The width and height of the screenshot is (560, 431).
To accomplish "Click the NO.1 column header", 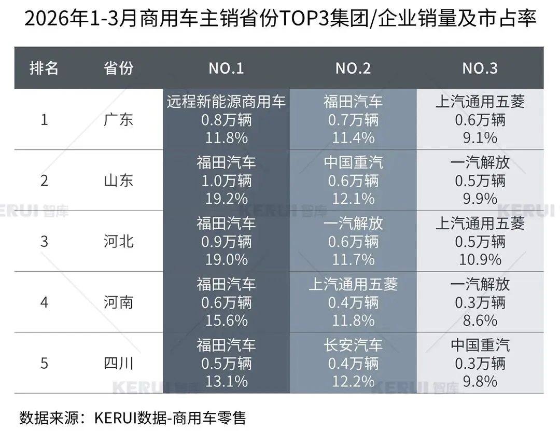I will (x=226, y=68).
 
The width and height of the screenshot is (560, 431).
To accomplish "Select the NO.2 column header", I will (x=353, y=68).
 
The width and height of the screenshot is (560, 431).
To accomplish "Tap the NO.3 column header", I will (x=480, y=68).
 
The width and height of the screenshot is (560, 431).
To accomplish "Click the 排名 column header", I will (x=44, y=68).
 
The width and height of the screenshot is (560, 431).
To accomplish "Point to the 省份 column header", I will (x=119, y=68).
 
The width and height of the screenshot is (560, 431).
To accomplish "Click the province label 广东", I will (x=119, y=120).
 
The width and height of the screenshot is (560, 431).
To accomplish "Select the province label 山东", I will (x=119, y=180).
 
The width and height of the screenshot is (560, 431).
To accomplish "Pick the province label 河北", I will (x=119, y=241).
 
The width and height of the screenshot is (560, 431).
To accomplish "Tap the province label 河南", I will (x=119, y=302).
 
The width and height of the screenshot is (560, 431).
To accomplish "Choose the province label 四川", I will (x=119, y=363).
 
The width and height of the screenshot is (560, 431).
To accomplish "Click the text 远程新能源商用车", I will (x=226, y=102).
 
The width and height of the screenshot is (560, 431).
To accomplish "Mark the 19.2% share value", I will (x=226, y=199).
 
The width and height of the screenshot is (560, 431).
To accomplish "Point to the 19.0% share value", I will (x=226, y=259).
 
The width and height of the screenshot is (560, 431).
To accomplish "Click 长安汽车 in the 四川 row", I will (x=353, y=345).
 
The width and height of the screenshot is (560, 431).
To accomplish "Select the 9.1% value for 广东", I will (x=480, y=138).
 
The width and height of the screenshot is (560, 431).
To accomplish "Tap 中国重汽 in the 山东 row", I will (x=353, y=163).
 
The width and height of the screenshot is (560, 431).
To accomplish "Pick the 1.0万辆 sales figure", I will (x=226, y=180).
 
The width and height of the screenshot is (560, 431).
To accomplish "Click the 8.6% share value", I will (x=480, y=320).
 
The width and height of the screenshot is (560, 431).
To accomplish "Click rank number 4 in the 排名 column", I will (x=44, y=302).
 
